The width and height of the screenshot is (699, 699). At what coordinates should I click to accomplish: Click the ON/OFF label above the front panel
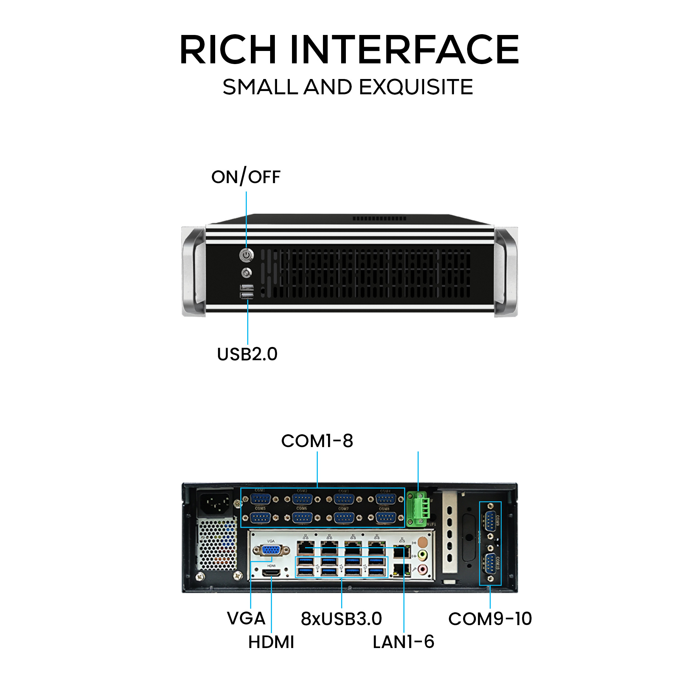pyautogui.click(x=246, y=177)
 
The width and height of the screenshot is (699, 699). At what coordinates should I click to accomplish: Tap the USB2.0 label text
pyautogui.click(x=247, y=354)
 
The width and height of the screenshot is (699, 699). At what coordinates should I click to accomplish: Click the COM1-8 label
pyautogui.click(x=317, y=441)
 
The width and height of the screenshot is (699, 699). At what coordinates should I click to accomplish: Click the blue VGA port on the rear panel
pyautogui.click(x=270, y=550)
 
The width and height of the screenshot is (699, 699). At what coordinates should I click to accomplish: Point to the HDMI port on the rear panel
pyautogui.click(x=271, y=573)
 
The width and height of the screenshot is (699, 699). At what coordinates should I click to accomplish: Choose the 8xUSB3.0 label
pyautogui.click(x=341, y=619)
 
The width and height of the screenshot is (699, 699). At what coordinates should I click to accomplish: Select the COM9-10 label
pyautogui.click(x=490, y=619)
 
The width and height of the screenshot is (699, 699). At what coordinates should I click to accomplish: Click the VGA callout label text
pyautogui.click(x=246, y=619)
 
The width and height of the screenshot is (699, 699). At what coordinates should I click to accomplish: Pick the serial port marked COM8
pyautogui.click(x=386, y=517)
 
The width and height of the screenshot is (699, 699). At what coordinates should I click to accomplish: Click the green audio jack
pyautogui.click(x=423, y=555)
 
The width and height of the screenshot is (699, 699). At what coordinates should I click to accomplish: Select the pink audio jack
pyautogui.click(x=423, y=568)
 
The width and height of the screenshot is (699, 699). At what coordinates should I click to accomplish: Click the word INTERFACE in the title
pyautogui.click(x=404, y=50)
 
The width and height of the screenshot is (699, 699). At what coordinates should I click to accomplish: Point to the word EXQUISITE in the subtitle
pyautogui.click(x=416, y=87)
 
